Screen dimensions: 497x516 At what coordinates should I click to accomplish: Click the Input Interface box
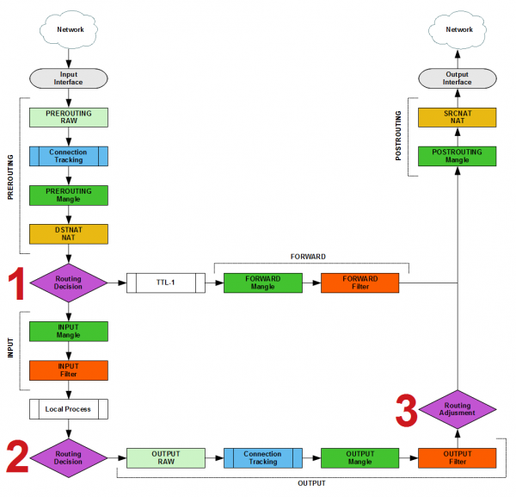coord(68,78)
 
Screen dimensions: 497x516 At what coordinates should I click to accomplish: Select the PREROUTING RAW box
coord(68,117)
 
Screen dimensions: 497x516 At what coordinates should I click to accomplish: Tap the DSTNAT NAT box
coord(68,233)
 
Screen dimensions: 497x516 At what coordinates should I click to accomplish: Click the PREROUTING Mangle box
coord(68,195)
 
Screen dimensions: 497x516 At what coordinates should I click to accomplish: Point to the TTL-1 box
coord(165,283)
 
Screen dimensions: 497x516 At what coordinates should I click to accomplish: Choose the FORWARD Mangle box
coord(263,283)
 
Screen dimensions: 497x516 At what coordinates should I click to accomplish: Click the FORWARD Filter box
coord(360,283)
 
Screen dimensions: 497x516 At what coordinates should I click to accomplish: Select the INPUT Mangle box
coord(68,332)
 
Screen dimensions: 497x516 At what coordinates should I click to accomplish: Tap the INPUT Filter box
coord(68,370)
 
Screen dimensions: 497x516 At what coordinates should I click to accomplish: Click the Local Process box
coord(68,408)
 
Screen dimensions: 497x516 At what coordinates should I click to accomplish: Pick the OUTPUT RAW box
coord(165,457)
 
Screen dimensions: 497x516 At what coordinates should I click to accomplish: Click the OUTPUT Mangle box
coord(360,457)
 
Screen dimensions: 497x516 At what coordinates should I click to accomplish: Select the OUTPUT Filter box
coord(458,457)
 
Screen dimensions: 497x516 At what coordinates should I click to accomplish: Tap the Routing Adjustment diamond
coord(458,408)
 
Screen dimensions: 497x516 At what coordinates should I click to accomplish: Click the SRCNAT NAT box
coord(458,117)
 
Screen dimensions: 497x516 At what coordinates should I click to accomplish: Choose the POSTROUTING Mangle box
coord(458,156)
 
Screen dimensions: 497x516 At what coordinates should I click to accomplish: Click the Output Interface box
coord(458,78)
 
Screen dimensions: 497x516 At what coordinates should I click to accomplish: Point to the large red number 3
coord(407,410)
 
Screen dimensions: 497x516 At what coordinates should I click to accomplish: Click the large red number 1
coord(15,283)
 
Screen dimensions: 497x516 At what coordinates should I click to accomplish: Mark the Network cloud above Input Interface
coord(68,28)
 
